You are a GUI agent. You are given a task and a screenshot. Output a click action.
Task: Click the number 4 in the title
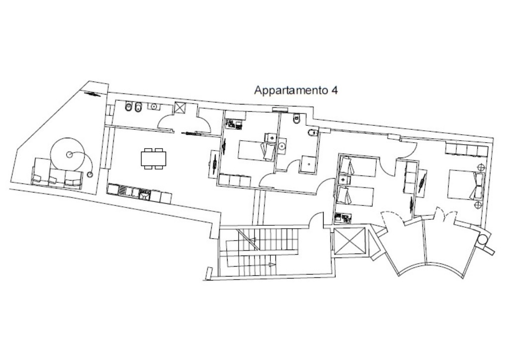(334, 90)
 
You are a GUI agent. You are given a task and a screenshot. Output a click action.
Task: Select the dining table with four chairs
(154, 159)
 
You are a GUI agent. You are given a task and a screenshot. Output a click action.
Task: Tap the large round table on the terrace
(68, 155)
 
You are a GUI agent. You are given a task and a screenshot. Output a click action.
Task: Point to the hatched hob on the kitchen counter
(124, 191)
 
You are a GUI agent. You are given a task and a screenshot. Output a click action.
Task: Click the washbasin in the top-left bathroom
(153, 106)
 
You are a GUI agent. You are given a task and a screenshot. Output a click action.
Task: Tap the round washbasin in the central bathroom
(281, 146)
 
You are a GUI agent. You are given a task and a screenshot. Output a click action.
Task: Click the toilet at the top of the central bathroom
(296, 119)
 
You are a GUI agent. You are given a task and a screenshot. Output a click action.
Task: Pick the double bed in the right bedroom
(466, 184)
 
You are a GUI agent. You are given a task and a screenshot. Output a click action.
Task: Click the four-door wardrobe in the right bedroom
(466, 150)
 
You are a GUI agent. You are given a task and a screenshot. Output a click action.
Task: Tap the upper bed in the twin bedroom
(357, 166)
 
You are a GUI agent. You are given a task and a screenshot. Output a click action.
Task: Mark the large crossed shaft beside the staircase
(348, 241)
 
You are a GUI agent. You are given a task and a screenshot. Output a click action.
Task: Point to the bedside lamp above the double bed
(481, 167)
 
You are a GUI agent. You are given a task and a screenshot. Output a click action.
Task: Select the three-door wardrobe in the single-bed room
(235, 180)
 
